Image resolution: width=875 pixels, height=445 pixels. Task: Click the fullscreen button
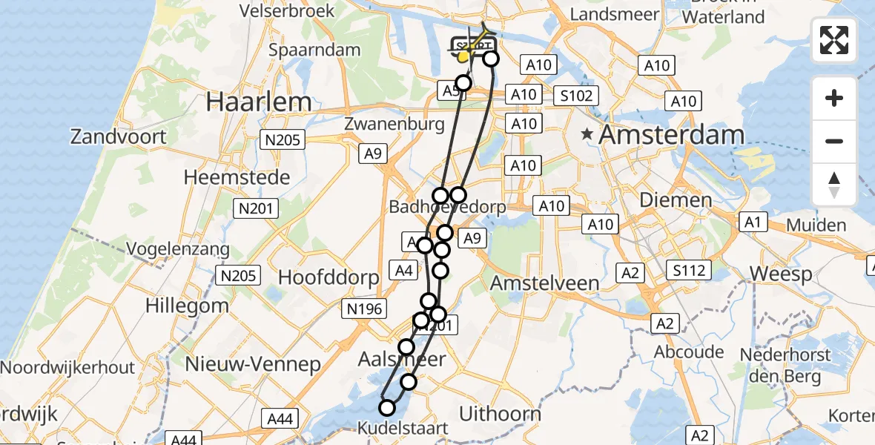click(834, 40)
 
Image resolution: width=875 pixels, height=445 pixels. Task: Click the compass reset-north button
click(834, 184)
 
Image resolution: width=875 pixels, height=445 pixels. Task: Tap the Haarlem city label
click(259, 101)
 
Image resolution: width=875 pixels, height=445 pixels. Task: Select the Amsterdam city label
click(671, 135)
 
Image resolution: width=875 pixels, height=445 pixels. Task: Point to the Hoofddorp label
click(328, 277)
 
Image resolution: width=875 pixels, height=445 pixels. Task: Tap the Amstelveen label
click(544, 283)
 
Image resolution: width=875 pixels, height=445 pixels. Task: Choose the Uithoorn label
click(500, 413)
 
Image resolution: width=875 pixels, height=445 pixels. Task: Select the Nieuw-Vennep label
click(253, 364)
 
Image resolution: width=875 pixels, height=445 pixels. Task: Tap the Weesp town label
click(781, 274)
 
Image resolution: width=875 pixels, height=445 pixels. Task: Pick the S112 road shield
click(687, 270)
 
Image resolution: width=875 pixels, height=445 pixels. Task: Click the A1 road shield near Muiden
click(753, 222)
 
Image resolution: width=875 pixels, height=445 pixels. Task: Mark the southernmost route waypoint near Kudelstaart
click(387, 407)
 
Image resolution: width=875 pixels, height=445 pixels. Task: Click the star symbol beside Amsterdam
click(587, 135)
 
